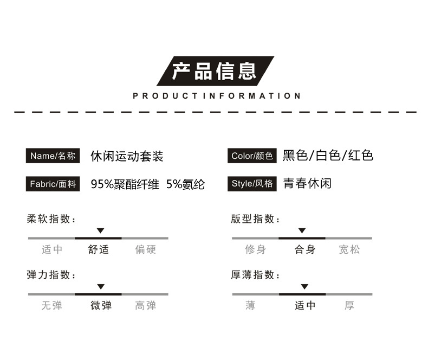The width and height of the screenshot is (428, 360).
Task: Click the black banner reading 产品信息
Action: tap(215, 71)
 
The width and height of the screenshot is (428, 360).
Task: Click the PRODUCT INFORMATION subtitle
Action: tap(216, 96)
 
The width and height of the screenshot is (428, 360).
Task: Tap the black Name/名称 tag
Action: tap(53, 156)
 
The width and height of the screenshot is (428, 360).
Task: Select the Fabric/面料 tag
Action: tap(53, 184)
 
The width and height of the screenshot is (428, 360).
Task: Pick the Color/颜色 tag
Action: tap(252, 156)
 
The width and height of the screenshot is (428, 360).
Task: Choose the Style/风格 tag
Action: tap(252, 184)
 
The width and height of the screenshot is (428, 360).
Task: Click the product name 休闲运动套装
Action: tap(127, 157)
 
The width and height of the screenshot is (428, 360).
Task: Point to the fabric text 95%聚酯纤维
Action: tap(125, 184)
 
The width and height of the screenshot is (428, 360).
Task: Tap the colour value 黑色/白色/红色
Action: tap(328, 156)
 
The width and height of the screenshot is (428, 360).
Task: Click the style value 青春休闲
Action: tap(307, 184)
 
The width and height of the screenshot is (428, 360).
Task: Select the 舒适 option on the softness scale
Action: tap(99, 249)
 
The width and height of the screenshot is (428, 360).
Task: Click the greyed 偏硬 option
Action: tap(145, 249)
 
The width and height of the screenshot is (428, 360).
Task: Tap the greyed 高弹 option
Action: tap(145, 305)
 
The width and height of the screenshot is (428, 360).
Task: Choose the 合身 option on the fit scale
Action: tap(304, 249)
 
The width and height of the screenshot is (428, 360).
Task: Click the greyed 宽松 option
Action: tap(349, 249)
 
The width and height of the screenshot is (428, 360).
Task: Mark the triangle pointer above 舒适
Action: tap(100, 231)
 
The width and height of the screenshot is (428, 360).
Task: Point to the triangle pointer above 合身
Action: tap(302, 231)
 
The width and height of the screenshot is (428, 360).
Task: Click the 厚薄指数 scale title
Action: tap(255, 275)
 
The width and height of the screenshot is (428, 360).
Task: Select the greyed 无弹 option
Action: tap(52, 305)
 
